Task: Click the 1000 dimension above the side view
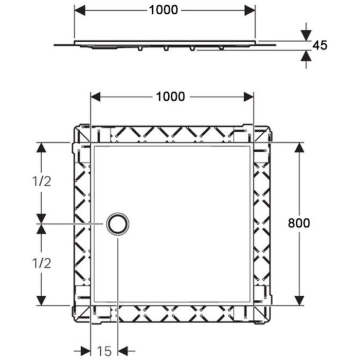click(164, 10)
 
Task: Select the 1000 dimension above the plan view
click(170, 97)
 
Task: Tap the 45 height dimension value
click(320, 45)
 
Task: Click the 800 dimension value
click(299, 223)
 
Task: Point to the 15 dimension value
click(104, 351)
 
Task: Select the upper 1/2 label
click(42, 182)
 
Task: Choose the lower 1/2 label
click(42, 263)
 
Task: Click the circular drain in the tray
click(118, 224)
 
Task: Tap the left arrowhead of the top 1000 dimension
click(80, 10)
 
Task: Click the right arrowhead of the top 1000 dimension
click(250, 10)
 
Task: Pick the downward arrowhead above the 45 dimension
click(307, 35)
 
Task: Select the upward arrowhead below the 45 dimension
click(307, 56)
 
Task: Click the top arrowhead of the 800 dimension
click(299, 148)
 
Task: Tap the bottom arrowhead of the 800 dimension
click(299, 300)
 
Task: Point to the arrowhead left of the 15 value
click(85, 351)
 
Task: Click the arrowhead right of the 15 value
click(123, 351)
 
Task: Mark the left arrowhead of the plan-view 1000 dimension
click(96, 97)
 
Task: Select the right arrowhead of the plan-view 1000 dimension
click(248, 97)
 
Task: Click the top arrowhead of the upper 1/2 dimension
click(41, 148)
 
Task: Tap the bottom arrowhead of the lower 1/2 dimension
click(41, 300)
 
